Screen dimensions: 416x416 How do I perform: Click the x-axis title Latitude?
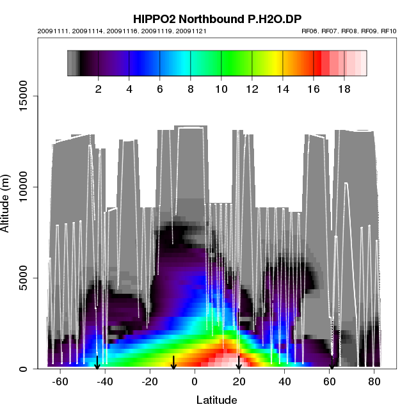click(216, 401)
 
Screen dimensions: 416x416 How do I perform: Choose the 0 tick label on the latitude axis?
click(195, 382)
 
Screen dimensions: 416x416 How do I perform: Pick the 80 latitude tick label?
click(374, 382)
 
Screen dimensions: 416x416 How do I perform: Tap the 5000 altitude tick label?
click(28, 278)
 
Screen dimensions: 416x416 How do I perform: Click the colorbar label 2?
click(99, 90)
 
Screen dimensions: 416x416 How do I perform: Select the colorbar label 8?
click(191, 90)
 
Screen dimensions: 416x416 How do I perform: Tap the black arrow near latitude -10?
click(173, 362)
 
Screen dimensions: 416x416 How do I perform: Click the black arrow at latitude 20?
click(239, 362)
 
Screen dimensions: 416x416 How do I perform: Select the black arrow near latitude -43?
click(97, 362)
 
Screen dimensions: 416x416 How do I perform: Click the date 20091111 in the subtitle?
click(51, 31)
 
